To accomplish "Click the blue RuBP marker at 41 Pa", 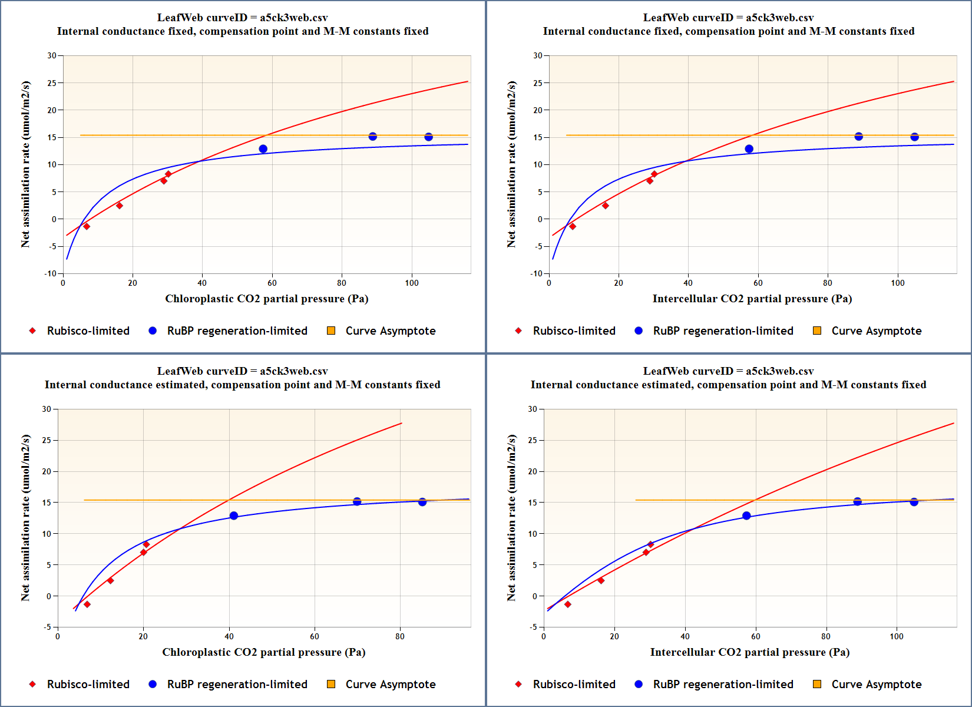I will tap(234, 516).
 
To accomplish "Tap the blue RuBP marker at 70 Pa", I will tap(357, 501).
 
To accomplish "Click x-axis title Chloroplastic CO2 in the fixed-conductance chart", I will tap(266, 299).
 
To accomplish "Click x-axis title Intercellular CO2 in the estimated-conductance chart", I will tap(749, 652).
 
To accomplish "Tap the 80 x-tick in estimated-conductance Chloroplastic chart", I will tap(400, 636).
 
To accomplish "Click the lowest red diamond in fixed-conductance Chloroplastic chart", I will tap(87, 226).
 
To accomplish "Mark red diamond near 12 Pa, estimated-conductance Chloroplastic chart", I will tap(110, 580).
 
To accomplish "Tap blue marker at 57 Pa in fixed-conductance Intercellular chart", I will tap(749, 149).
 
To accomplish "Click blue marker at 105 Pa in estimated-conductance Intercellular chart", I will tap(914, 502).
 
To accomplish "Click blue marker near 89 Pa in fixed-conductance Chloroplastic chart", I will tap(372, 137).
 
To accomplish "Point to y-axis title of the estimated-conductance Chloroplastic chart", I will tap(25, 518).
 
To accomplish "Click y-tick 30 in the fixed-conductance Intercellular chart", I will tap(537, 55).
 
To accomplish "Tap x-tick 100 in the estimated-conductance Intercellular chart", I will tap(897, 636).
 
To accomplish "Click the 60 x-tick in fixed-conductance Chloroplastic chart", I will tap(272, 283).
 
